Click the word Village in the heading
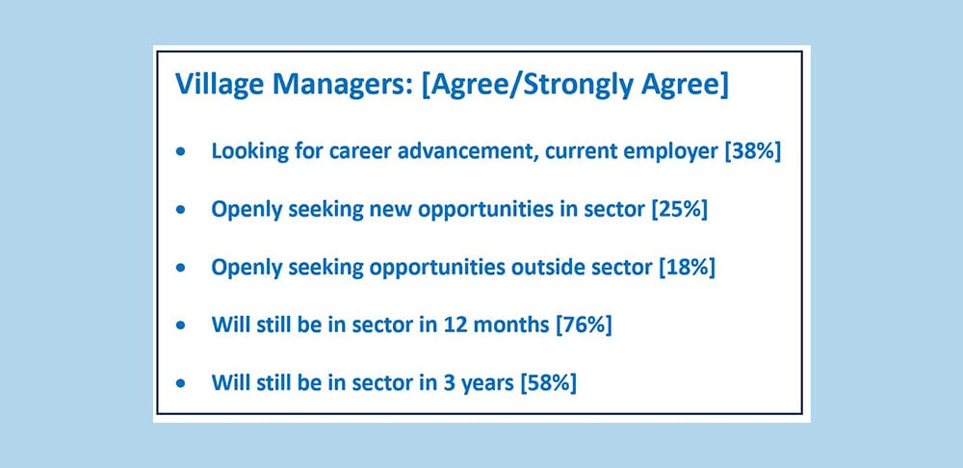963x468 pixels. (212, 86)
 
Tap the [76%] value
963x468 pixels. (584, 325)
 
